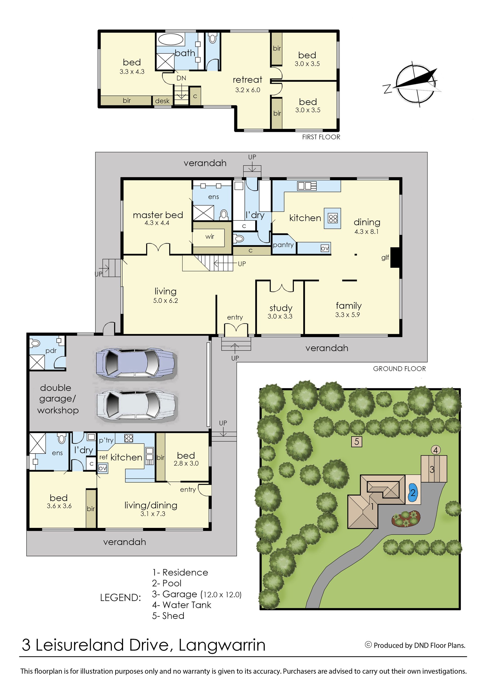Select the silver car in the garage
pos(137,405)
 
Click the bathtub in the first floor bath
pos(170,39)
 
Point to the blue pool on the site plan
pos(413,493)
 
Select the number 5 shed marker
pos(357,442)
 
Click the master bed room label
pos(158,215)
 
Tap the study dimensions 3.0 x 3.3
pos(280,316)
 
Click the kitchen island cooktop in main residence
pos(333,218)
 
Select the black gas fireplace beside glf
pos(395,257)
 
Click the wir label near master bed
pos(210,236)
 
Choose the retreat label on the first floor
pos(247,80)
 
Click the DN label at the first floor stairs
pos(181,78)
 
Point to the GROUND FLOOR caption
pos(399,369)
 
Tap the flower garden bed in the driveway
pos(406,518)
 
